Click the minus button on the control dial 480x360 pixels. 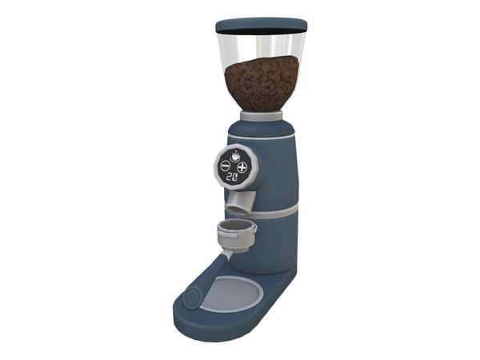[x=225, y=166]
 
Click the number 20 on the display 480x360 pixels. [x=231, y=177]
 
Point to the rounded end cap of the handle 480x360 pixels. [x=192, y=298]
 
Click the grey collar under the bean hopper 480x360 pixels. [x=261, y=116]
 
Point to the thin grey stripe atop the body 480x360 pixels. [x=276, y=136]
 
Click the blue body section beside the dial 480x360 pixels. [x=276, y=172]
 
